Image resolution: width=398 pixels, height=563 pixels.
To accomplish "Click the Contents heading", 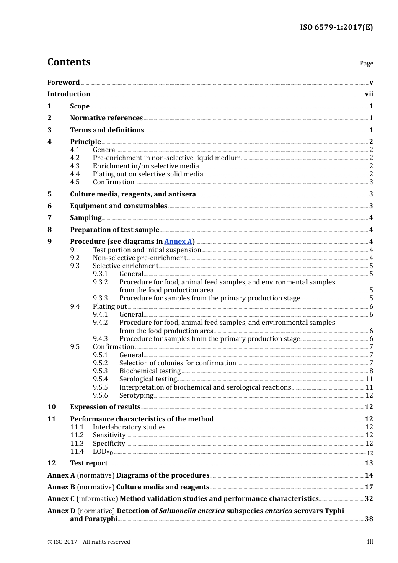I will pos(69,62).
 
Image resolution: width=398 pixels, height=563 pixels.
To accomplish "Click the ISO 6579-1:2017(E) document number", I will pos(336,28).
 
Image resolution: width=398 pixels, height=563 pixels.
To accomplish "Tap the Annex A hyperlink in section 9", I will pos(178,241).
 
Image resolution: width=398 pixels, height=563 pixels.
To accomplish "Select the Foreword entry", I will pos(63,82).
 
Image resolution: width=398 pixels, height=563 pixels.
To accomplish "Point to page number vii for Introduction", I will pos(369,94).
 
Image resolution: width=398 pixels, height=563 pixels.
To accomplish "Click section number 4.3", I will pos(75,166).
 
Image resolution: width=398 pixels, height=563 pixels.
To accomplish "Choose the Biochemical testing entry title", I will pos(150,371).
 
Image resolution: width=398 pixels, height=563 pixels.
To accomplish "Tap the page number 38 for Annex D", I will pos(369,519).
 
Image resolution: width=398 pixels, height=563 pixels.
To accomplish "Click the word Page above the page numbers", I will pos(366,63).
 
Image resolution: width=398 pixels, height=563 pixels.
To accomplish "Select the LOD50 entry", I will pos(103,452).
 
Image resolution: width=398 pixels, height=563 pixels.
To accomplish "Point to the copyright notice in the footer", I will pos(89,542).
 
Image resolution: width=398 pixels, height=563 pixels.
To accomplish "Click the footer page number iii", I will pos(370,542).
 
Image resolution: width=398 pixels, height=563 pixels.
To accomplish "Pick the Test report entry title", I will pos(89,463).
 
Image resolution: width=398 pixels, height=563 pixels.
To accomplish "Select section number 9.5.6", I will pos(100,395).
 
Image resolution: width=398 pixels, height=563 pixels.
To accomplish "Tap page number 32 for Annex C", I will pos(369,498).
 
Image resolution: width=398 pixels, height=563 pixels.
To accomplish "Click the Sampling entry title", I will pos(85,217).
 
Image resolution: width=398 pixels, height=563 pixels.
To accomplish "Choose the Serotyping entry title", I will pos(136,395).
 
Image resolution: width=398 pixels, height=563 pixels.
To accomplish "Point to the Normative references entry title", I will pos(106,118).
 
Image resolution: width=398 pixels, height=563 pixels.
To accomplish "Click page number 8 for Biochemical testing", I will pos(371,371).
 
